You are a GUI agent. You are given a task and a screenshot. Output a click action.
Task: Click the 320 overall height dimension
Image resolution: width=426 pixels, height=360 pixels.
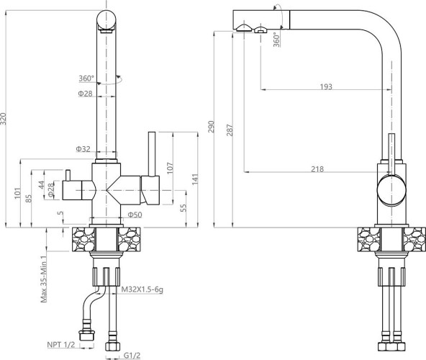[4, 119]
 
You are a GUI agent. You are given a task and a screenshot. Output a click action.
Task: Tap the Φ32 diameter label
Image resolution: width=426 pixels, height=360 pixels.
[83, 149]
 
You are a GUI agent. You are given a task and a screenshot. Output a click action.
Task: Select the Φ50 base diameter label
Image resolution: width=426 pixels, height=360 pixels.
[135, 215]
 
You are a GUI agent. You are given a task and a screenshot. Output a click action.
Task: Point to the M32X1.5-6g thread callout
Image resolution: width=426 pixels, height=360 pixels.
[142, 289]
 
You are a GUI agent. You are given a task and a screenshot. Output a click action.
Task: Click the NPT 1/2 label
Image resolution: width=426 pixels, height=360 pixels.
[61, 344]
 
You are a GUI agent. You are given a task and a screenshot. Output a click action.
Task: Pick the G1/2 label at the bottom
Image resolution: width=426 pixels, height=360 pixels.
[132, 355]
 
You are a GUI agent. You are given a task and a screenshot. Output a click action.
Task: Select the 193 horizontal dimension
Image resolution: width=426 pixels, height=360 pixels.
[326, 86]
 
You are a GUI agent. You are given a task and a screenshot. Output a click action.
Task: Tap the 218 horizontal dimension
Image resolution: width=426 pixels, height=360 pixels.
[317, 169]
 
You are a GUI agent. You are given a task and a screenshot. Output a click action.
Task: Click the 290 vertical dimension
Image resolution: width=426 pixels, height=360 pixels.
[211, 127]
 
